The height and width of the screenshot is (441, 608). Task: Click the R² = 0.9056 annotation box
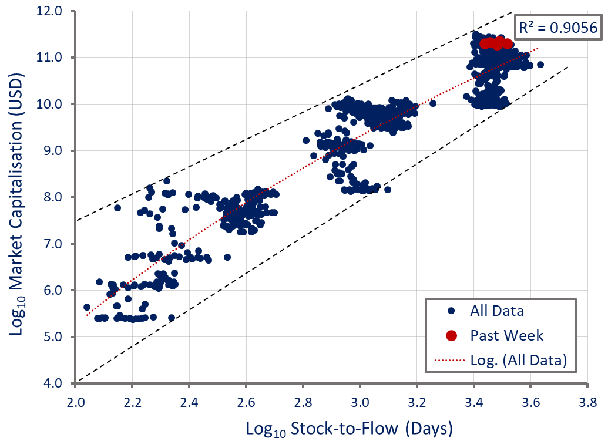tap(557, 27)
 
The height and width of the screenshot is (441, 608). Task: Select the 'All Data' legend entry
tap(497, 311)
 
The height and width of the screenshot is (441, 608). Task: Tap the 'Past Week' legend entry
tap(507, 335)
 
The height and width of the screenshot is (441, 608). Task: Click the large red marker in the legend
tap(451, 335)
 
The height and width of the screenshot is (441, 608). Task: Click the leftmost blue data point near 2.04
tap(87, 307)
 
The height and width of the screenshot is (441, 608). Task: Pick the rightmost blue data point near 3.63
tap(540, 65)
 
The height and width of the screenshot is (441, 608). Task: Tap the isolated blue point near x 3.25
tap(433, 103)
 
